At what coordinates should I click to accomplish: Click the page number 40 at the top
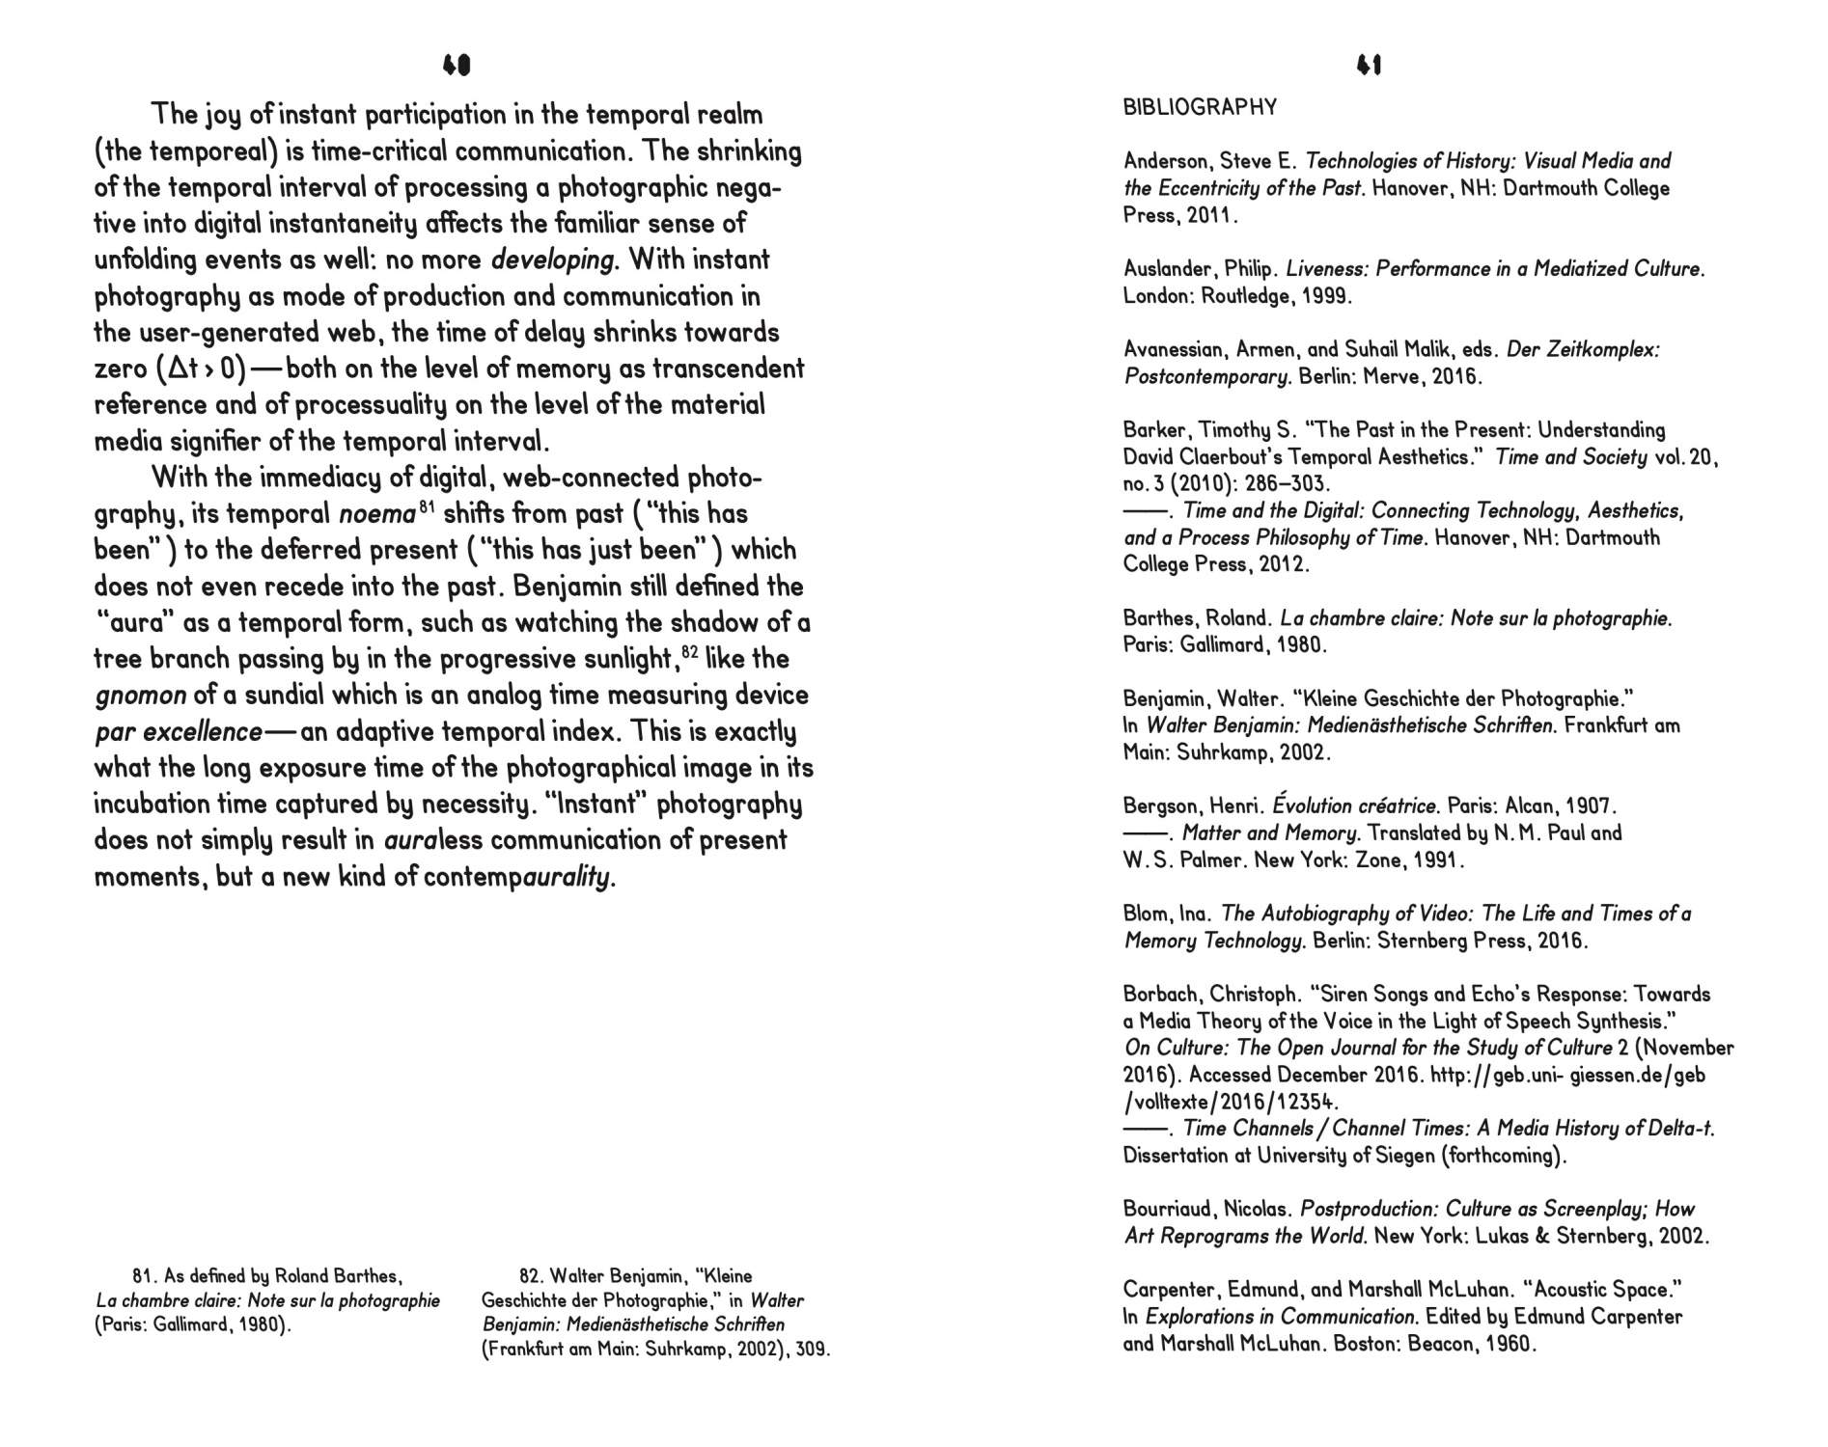(456, 66)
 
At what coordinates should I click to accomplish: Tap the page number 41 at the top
(1369, 66)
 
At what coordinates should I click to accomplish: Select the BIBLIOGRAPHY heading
(1200, 107)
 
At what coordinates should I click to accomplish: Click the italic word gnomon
(141, 696)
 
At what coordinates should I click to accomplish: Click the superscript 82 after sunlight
(689, 652)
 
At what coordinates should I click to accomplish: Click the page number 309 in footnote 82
(812, 1350)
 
